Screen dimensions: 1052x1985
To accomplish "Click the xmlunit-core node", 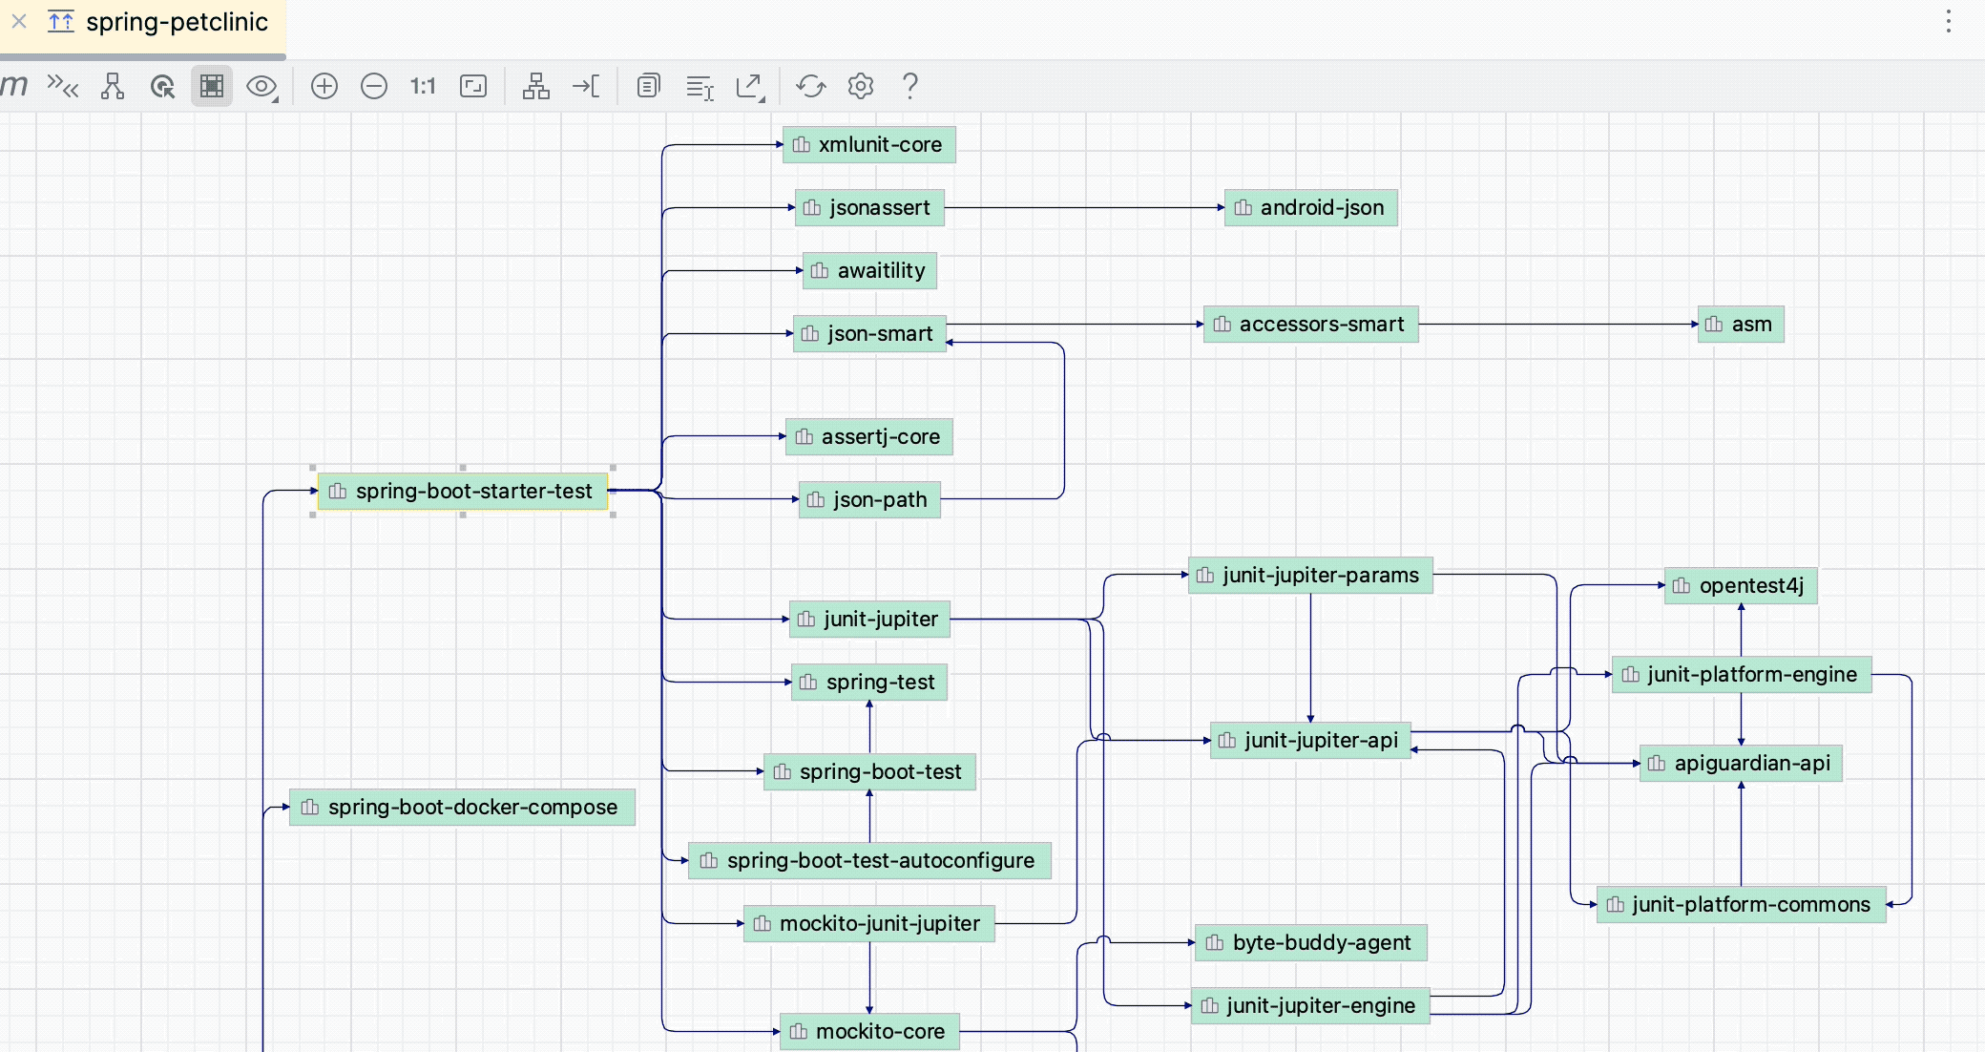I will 868,145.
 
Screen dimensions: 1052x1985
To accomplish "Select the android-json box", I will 1310,208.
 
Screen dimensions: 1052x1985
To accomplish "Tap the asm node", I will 1740,325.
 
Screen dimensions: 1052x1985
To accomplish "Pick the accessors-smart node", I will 1310,325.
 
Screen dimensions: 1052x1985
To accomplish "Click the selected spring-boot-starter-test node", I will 463,492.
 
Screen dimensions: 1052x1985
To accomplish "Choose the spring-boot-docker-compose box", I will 462,808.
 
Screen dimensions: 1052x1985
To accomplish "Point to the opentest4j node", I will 1740,586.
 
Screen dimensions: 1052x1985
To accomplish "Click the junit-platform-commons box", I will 1740,905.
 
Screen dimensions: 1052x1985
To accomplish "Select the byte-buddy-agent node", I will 1310,943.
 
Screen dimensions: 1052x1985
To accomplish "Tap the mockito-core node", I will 868,1032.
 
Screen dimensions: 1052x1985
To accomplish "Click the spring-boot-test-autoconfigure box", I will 868,861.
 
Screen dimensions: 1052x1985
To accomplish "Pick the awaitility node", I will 868,271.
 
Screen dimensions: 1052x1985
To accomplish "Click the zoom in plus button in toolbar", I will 324,87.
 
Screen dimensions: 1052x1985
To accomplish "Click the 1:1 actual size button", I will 423,87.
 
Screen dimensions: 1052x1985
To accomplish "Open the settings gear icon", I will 861,87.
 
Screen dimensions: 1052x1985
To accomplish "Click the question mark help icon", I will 910,87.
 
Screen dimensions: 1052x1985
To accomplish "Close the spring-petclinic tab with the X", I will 19,21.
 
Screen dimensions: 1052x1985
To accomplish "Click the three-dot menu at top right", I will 1949,22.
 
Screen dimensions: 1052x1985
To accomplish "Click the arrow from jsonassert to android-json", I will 1083,207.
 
